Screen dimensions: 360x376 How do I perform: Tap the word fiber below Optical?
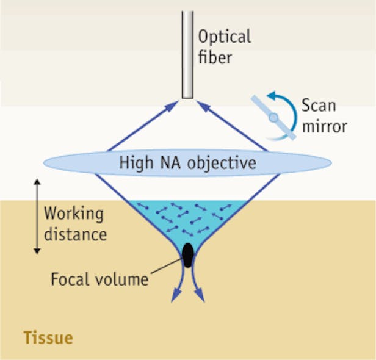pyautogui.click(x=214, y=59)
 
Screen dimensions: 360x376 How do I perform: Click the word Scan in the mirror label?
pyautogui.click(x=319, y=105)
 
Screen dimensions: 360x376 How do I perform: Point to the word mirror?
pyautogui.click(x=324, y=126)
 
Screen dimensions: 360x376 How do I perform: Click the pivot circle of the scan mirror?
pyautogui.click(x=274, y=117)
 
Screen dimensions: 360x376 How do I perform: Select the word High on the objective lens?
pyautogui.click(x=136, y=164)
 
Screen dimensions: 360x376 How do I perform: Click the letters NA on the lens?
pyautogui.click(x=170, y=164)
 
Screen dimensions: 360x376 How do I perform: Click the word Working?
pyautogui.click(x=73, y=215)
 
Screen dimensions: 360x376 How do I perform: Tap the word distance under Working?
pyautogui.click(x=75, y=234)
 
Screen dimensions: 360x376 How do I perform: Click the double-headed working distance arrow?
pyautogui.click(x=37, y=216)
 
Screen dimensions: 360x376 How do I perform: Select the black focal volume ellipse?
pyautogui.click(x=188, y=255)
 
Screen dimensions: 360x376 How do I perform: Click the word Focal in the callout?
pyautogui.click(x=68, y=280)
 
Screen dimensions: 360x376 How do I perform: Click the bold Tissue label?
pyautogui.click(x=47, y=337)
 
